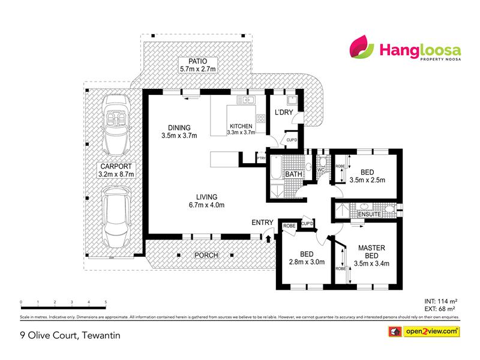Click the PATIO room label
tap(198, 61)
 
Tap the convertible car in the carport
tap(116, 125)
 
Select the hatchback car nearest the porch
tap(116, 217)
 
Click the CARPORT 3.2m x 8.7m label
tap(116, 170)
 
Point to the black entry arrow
tap(268, 238)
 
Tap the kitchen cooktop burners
tap(261, 118)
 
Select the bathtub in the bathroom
tap(277, 167)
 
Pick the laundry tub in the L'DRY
tap(292, 100)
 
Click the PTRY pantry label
tap(261, 158)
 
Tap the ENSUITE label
tap(370, 214)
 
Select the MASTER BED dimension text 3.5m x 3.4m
tap(371, 263)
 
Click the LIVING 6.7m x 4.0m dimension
tap(206, 205)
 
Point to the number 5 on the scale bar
tap(106, 302)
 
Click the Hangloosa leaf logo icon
tap(361, 47)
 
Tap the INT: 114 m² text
tap(441, 301)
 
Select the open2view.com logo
tap(424, 331)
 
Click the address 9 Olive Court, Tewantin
tap(70, 335)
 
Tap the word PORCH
tap(206, 255)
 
